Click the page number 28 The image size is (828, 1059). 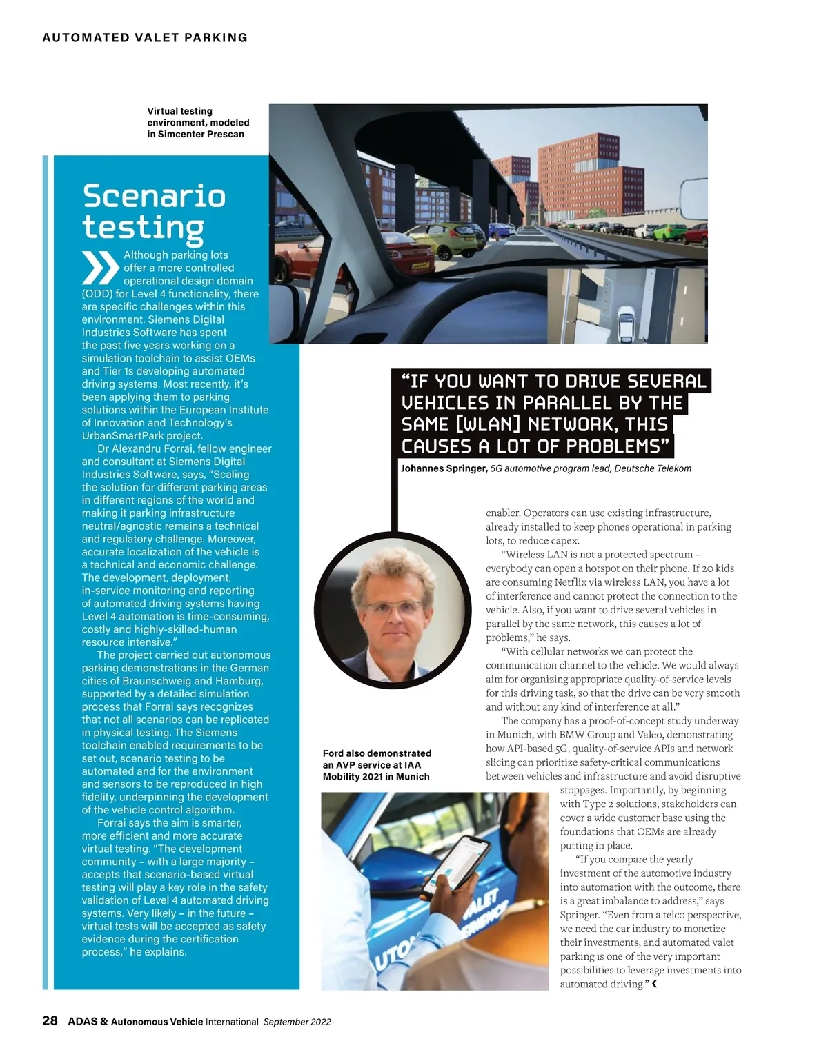(x=50, y=1020)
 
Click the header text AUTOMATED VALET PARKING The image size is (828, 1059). (x=145, y=38)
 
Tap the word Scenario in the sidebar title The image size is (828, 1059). (x=154, y=196)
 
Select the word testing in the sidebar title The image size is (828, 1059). (x=143, y=228)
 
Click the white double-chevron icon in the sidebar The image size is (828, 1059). (x=100, y=268)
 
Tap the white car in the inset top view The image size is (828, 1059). (x=627, y=325)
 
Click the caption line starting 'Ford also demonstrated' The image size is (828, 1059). (x=377, y=753)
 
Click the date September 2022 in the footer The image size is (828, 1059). (x=297, y=1022)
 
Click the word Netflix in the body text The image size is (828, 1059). (x=573, y=582)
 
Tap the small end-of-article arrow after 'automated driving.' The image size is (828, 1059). (x=654, y=984)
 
